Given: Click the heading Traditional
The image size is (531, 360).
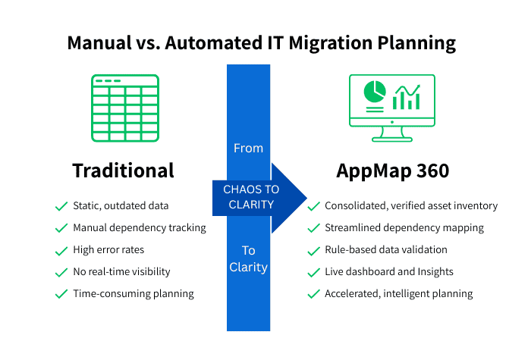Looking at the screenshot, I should point(123,171).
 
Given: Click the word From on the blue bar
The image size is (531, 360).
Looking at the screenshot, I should point(249,148).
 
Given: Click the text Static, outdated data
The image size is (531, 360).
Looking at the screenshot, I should point(121,205).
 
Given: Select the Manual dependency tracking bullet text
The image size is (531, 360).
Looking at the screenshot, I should point(139,227).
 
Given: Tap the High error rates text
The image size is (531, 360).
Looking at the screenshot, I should point(108,249).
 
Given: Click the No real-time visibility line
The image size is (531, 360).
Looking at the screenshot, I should point(121,271).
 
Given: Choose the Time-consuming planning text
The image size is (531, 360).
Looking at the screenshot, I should point(133,293).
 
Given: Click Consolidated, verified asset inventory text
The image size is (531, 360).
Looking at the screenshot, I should point(410,205).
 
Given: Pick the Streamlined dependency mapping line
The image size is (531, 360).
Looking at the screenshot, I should point(404,227).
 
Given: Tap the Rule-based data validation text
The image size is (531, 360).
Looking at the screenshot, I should point(385,249).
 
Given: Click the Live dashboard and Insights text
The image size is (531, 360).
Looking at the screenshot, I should point(390,271).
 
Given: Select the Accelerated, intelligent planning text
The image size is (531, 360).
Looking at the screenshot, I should point(398,293).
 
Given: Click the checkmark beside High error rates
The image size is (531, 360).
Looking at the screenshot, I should point(61,249).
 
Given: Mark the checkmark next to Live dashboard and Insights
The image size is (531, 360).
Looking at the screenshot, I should point(313,271).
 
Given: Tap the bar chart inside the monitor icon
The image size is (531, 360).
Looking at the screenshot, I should point(407,96).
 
